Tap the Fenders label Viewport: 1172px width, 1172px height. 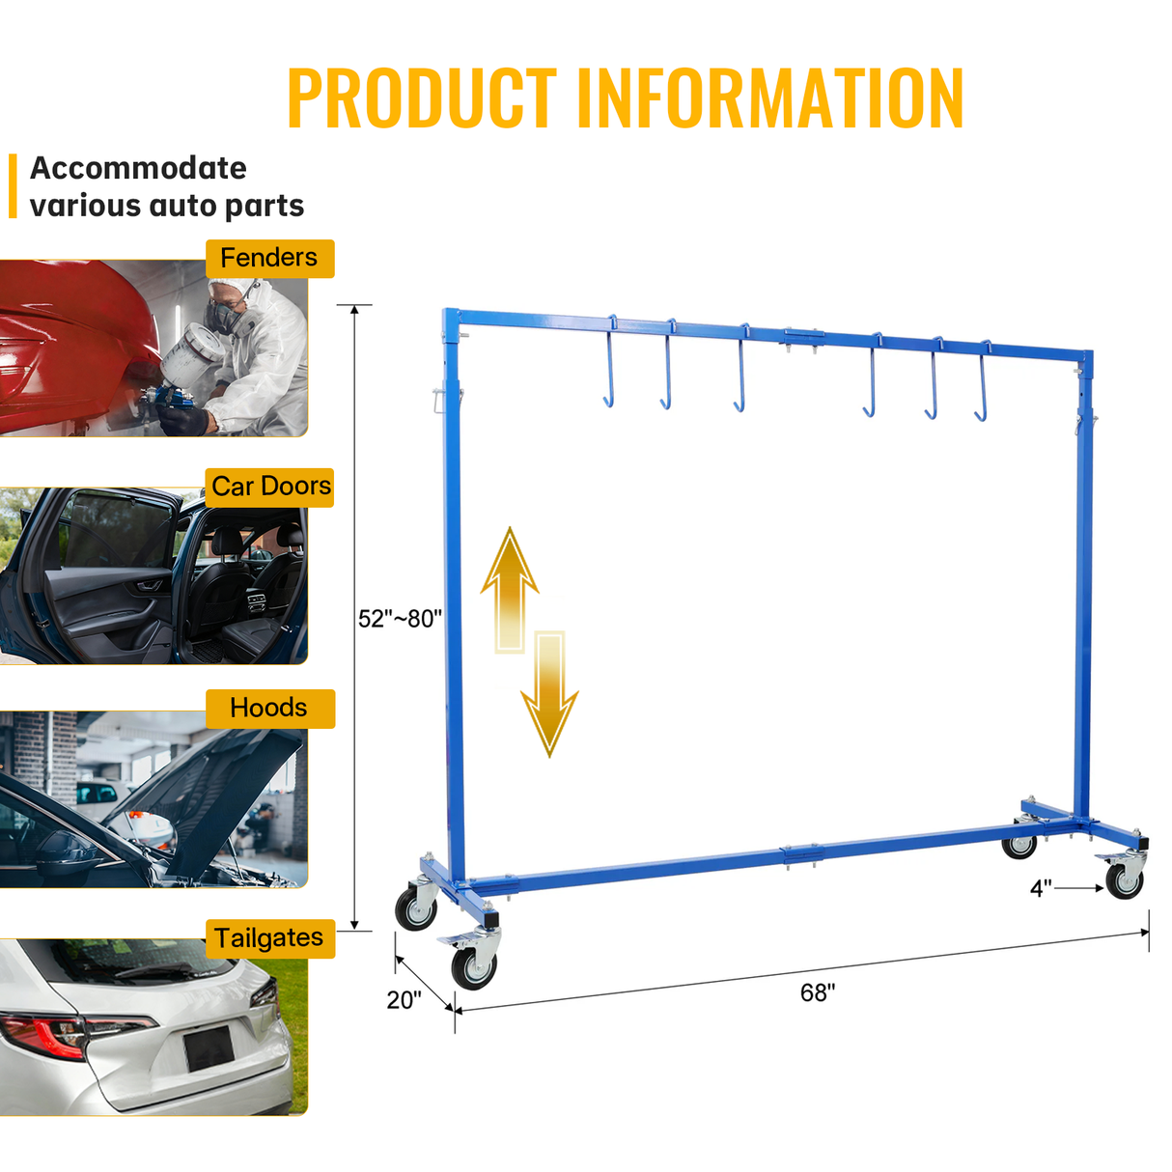[x=269, y=259]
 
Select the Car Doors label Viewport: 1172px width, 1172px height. [x=271, y=487]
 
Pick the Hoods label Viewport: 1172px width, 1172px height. [x=269, y=709]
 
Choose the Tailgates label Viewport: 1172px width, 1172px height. [x=269, y=938]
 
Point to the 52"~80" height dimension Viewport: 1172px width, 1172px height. [x=400, y=619]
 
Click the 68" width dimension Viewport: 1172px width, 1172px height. [x=818, y=993]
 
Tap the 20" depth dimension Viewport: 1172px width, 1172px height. [x=405, y=1000]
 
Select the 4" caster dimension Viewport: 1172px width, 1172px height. [x=1041, y=888]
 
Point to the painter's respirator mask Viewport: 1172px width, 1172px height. [x=226, y=316]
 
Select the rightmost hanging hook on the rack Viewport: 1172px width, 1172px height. [x=983, y=382]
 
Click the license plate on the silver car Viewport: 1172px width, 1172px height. [x=209, y=1048]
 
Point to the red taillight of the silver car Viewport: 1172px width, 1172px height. [x=58, y=1035]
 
